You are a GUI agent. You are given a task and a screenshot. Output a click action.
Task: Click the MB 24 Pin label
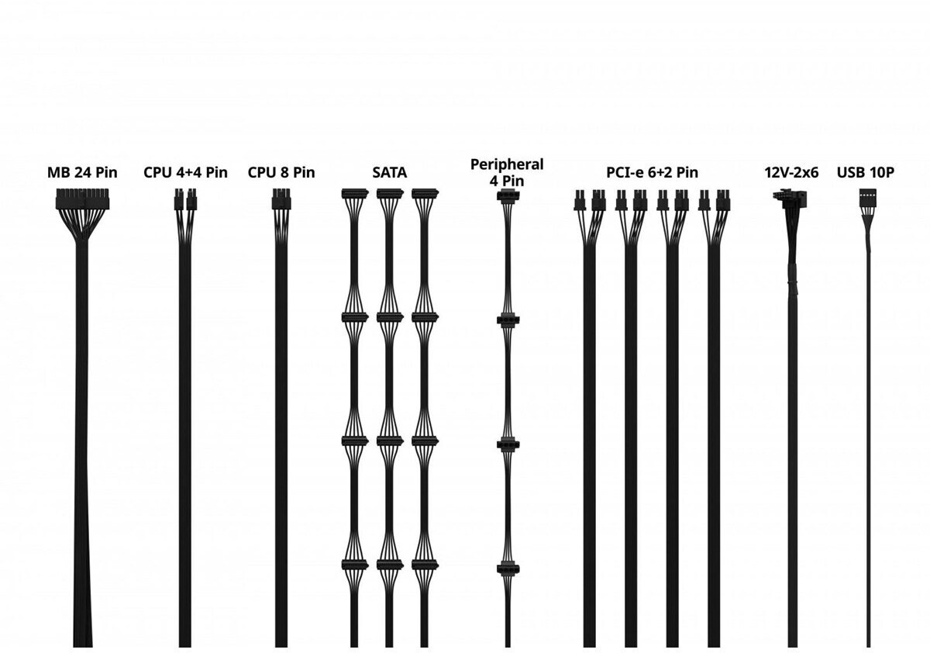82,172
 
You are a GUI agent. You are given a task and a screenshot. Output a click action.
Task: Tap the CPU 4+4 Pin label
185,172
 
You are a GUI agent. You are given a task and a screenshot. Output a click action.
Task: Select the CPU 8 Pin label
281,172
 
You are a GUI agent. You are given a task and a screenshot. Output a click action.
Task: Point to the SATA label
389,172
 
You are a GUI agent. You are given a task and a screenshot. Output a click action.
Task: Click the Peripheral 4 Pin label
507,172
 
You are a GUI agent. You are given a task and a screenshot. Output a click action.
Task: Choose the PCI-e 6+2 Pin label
652,172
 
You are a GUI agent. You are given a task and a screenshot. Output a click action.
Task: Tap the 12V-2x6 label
791,172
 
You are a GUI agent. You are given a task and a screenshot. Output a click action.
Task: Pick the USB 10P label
866,172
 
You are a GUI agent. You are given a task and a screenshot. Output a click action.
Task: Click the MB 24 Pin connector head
82,202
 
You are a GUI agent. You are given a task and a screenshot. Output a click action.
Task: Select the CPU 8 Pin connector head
281,200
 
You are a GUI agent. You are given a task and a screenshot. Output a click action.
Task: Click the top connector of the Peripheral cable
507,195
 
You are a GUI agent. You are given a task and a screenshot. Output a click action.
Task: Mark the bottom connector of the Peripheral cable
507,569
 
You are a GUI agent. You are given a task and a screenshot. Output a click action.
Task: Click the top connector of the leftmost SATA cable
354,194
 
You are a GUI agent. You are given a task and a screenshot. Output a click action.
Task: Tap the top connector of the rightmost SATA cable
425,194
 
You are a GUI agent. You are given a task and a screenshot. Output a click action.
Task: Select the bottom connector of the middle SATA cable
390,565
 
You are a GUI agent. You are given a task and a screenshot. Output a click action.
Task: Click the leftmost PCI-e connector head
578,201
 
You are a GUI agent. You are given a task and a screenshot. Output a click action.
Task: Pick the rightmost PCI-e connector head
724,201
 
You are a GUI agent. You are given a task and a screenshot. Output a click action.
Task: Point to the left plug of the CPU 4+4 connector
178,202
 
